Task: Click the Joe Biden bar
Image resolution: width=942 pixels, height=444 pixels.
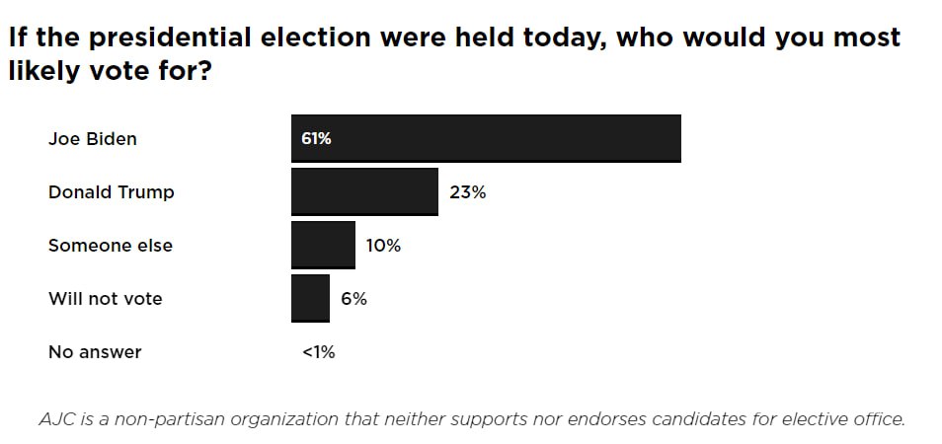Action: (486, 138)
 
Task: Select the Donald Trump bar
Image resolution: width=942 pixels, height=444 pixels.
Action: (364, 192)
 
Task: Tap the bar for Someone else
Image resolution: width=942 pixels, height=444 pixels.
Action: (323, 246)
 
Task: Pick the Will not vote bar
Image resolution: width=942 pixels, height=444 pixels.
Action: (311, 299)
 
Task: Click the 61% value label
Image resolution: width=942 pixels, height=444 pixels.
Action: (317, 139)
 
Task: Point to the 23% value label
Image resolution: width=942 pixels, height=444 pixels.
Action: (467, 192)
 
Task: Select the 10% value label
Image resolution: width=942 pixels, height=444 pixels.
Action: (383, 246)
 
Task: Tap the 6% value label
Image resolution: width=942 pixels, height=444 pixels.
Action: (353, 299)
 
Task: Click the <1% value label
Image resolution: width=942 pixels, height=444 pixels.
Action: (318, 352)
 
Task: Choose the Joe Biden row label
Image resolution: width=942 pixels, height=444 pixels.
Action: (93, 139)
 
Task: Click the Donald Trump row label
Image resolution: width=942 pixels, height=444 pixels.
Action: (112, 192)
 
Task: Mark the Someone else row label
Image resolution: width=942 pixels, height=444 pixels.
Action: (111, 246)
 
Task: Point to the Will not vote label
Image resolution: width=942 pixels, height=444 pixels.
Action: (105, 299)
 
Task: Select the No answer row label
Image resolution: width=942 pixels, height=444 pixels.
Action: (95, 352)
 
